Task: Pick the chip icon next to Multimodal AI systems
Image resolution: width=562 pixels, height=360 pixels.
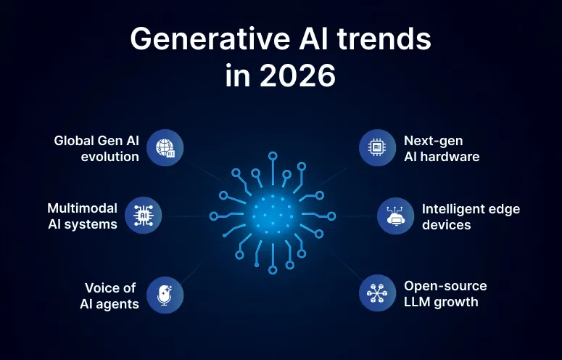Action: pos(143,216)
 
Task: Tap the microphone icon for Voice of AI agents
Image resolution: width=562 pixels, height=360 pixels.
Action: pos(165,295)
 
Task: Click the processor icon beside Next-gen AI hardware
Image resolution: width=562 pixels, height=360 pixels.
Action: pos(377,147)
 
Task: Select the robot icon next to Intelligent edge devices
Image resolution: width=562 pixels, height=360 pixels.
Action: pos(396,216)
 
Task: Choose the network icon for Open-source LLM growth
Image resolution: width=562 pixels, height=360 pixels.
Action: pos(377,293)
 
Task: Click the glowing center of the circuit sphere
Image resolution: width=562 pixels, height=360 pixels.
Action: pos(272,215)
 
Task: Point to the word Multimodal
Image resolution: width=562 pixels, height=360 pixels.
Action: pos(82,208)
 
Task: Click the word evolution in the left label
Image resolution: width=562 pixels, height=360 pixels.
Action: pos(110,156)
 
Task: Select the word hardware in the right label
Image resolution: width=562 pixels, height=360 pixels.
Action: pos(453,156)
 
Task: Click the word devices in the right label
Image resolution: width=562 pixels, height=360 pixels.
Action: pos(446,224)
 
